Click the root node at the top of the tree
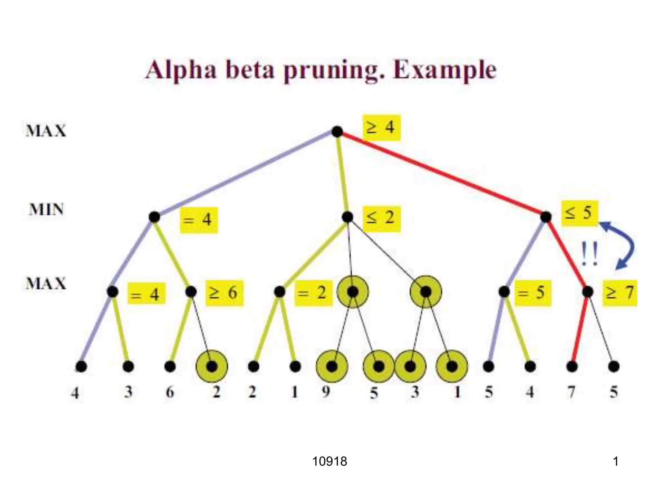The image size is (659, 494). (337, 132)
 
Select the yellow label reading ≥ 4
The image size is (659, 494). (382, 127)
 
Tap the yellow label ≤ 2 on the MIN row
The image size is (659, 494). (382, 218)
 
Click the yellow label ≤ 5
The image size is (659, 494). (579, 213)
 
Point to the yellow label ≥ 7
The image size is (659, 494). (620, 293)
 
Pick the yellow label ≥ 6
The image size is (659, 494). (224, 293)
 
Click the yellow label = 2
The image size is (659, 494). (313, 293)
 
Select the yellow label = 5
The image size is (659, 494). (533, 293)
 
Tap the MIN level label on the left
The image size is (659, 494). (46, 210)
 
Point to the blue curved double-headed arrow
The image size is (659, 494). (623, 244)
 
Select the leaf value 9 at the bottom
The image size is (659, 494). (326, 392)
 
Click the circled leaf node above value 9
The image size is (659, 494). (332, 366)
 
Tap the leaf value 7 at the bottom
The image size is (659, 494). (571, 392)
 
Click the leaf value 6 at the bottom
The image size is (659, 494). (170, 392)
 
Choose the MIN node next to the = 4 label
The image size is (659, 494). (154, 217)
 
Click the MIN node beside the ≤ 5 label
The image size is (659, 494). (546, 217)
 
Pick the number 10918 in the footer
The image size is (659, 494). (329, 462)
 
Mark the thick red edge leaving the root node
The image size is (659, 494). (441, 174)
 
